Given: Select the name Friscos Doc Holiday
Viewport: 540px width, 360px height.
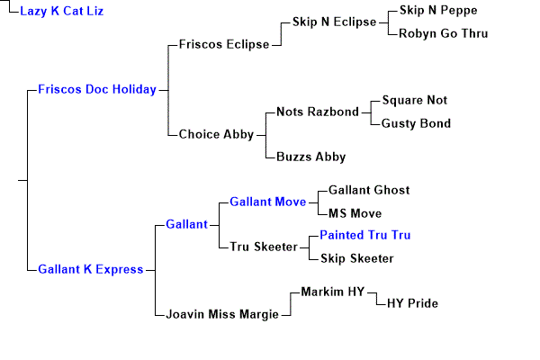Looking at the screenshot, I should click(x=96, y=89).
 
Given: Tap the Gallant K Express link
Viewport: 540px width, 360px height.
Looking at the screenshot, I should click(x=91, y=269).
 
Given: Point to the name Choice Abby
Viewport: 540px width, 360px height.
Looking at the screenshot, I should click(x=216, y=134).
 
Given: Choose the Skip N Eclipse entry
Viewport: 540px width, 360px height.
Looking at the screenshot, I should click(x=334, y=22).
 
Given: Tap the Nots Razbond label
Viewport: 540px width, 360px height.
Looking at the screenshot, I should click(x=317, y=112).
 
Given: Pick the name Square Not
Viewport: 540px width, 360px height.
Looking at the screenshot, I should click(x=414, y=100).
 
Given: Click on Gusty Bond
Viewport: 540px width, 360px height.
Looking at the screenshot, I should click(x=415, y=123).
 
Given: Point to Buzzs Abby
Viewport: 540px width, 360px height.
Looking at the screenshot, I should click(x=310, y=157).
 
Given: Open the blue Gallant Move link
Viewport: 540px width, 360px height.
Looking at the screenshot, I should click(x=267, y=202).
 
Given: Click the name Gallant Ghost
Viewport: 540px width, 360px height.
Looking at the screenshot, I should click(x=368, y=190).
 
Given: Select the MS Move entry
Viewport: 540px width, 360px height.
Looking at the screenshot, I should click(x=355, y=213).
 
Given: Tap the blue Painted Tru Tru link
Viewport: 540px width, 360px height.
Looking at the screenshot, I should click(x=364, y=235).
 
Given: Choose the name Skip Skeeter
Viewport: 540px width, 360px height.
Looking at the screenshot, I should click(x=356, y=258).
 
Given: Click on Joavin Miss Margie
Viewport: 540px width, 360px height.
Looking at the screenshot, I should click(x=222, y=314).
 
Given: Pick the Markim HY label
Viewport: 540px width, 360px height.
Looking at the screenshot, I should click(x=331, y=292).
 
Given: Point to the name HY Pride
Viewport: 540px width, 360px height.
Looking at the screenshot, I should click(x=412, y=303).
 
